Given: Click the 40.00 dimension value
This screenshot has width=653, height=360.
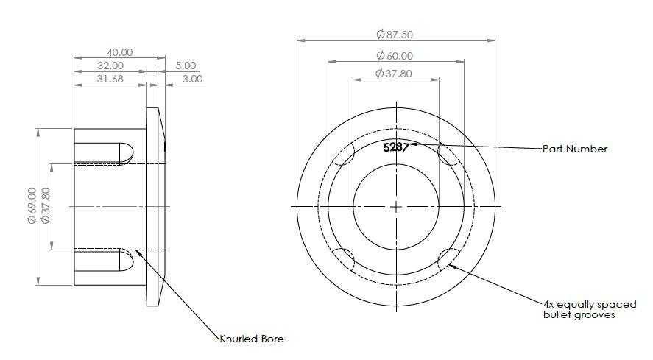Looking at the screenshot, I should [120, 52].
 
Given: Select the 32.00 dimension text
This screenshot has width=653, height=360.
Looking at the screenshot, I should [110, 66].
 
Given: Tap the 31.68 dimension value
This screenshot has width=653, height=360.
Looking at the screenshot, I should [110, 79].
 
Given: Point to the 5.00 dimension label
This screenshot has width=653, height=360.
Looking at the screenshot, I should [186, 66].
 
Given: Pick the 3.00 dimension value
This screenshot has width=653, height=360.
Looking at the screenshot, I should [192, 79].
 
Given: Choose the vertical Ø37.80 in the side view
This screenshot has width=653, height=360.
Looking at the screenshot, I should [46, 206].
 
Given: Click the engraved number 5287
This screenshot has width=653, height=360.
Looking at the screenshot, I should [395, 147].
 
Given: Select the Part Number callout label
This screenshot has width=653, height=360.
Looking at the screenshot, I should [575, 149].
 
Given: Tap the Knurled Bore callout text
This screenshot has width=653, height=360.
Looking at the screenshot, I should [251, 339].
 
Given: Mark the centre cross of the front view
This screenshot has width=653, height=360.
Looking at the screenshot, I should [396, 208].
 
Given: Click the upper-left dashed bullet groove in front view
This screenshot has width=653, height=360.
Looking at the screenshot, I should [344, 153].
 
